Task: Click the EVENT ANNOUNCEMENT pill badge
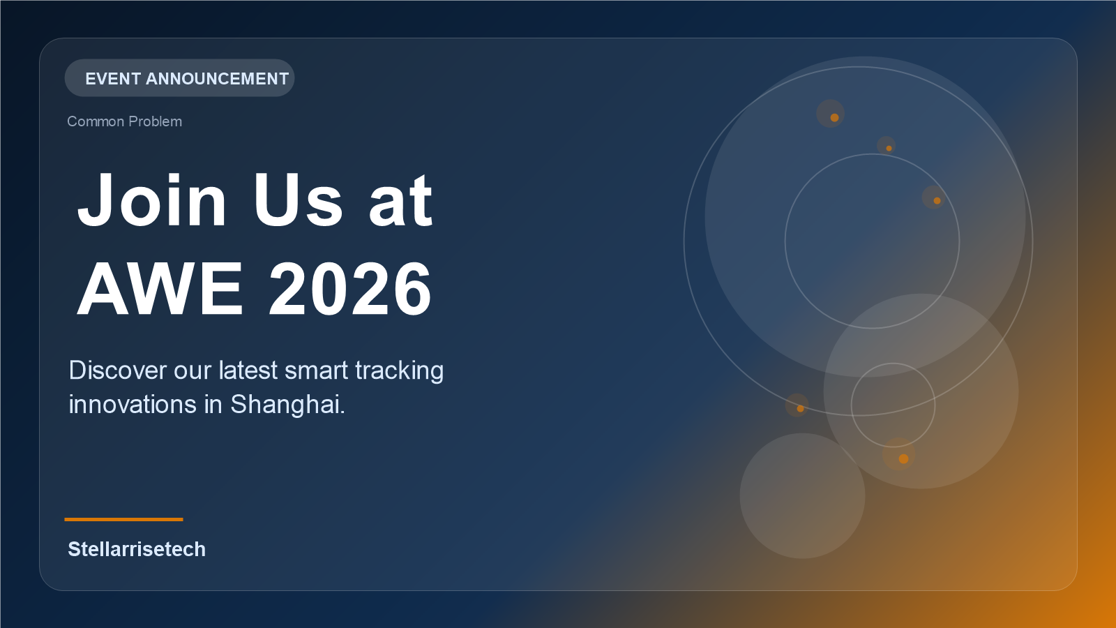[179, 78]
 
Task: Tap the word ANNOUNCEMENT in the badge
[217, 79]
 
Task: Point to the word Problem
[155, 121]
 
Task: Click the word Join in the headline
[152, 201]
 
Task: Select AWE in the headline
[160, 289]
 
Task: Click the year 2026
[350, 289]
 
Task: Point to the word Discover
[118, 371]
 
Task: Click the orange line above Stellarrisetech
[123, 519]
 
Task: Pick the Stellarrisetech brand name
[137, 549]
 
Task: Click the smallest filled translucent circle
[802, 496]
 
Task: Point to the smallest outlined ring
[893, 364]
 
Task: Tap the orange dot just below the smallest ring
[903, 458]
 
